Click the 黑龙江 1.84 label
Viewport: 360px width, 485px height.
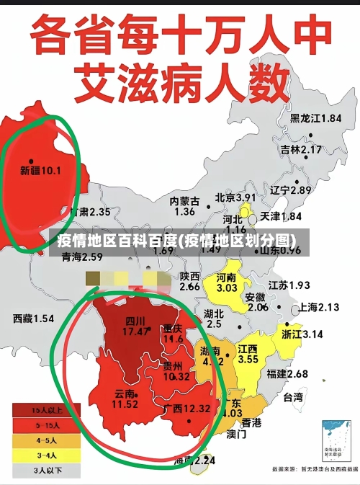315,118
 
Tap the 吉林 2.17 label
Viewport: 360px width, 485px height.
301,150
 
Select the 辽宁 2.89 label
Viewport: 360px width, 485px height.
291,190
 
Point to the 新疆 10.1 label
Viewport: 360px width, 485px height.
40,171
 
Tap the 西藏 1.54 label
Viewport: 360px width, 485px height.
33,318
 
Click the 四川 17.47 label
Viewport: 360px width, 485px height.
135,326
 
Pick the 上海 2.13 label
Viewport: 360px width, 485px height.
318,307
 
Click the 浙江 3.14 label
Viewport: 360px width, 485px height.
302,334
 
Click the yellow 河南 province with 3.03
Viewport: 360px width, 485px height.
227,282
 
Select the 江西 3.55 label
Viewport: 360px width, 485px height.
248,354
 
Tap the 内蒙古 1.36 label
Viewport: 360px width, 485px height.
184,206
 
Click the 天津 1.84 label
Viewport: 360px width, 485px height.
280,216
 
